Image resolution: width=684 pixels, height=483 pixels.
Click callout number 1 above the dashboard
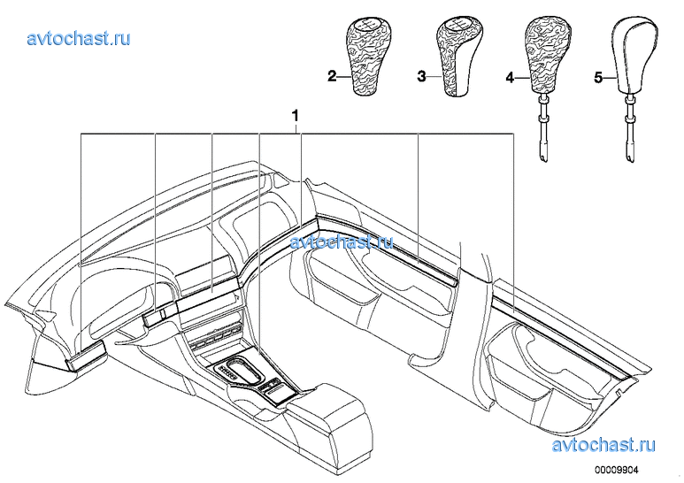pyautogui.click(x=296, y=117)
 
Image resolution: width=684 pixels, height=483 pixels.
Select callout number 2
pyautogui.click(x=333, y=77)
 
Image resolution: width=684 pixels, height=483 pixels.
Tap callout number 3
pyautogui.click(x=421, y=77)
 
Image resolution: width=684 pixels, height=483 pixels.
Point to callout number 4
pyautogui.click(x=510, y=78)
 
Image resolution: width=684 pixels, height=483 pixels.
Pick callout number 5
pyautogui.click(x=599, y=78)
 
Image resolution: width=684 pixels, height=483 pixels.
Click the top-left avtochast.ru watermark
pyautogui.click(x=79, y=38)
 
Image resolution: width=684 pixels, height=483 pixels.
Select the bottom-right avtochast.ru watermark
pyautogui.click(x=603, y=445)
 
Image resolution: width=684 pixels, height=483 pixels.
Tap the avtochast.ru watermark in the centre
pyautogui.click(x=342, y=241)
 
